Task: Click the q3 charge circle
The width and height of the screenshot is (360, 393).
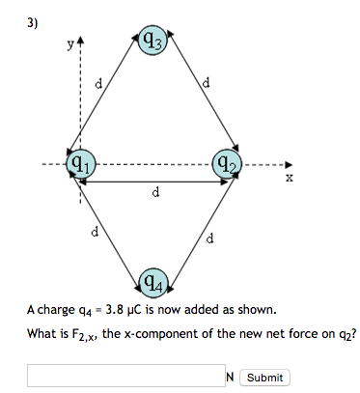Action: click(154, 42)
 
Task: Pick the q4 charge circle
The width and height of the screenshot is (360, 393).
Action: click(154, 282)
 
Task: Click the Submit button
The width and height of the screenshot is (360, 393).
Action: click(264, 378)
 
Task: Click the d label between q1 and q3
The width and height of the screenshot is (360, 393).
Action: click(97, 86)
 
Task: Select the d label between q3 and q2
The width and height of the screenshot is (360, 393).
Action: click(208, 84)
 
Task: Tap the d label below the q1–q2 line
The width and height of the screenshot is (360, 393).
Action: click(156, 193)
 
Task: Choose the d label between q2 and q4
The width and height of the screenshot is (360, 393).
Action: click(210, 237)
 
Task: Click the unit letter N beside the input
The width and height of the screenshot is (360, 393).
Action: click(230, 378)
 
